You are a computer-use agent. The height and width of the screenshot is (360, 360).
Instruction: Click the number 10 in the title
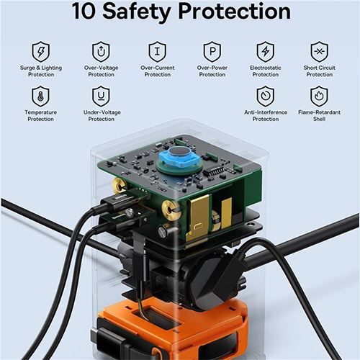pyautogui.click(x=84, y=11)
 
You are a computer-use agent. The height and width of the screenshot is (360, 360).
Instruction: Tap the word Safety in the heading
pyautogui.click(x=137, y=12)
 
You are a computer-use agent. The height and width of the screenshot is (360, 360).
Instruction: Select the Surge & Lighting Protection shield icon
pyautogui.click(x=41, y=52)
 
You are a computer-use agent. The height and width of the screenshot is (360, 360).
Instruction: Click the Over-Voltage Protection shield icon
pyautogui.click(x=101, y=52)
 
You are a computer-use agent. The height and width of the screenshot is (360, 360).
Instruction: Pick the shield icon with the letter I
pyautogui.click(x=157, y=52)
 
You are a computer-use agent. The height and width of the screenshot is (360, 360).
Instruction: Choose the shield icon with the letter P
pyautogui.click(x=212, y=52)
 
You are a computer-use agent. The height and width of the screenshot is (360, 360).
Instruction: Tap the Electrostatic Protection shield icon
pyautogui.click(x=266, y=52)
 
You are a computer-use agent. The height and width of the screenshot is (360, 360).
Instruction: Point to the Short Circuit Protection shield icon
pyautogui.click(x=319, y=52)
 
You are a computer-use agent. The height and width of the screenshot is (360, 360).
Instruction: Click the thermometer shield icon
pyautogui.click(x=40, y=96)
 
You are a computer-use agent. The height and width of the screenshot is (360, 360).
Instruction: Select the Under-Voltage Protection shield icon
pyautogui.click(x=101, y=96)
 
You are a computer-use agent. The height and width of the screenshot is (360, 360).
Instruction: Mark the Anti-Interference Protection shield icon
pyautogui.click(x=266, y=96)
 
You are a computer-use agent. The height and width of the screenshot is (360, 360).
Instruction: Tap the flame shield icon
pyautogui.click(x=319, y=96)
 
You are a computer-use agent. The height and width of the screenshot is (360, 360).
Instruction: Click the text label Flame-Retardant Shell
pyautogui.click(x=319, y=115)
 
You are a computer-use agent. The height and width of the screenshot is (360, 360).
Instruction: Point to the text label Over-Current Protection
pyautogui.click(x=158, y=71)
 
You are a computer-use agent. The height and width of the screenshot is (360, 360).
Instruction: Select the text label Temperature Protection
pyautogui.click(x=40, y=115)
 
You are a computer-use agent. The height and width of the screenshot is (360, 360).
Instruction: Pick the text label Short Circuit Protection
pyautogui.click(x=320, y=71)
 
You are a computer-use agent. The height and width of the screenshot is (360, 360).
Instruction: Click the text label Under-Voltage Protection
pyautogui.click(x=102, y=115)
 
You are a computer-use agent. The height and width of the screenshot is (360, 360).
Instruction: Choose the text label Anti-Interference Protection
pyautogui.click(x=266, y=115)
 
